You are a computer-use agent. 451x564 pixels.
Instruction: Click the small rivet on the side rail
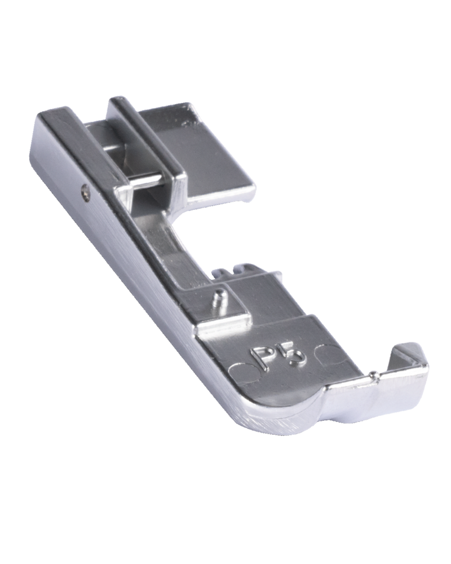pyautogui.click(x=85, y=189)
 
